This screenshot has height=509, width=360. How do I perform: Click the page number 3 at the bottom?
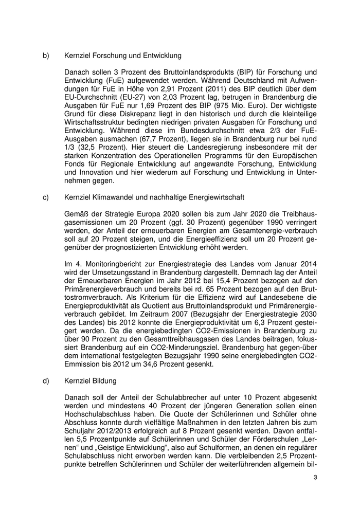pyautogui.click(x=315, y=478)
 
